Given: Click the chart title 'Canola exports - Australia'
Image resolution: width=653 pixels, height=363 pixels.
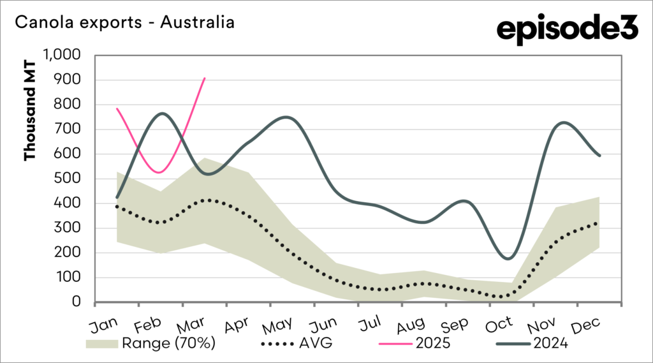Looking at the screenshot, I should (x=124, y=23).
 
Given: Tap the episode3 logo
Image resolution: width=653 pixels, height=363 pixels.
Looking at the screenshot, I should (x=567, y=30).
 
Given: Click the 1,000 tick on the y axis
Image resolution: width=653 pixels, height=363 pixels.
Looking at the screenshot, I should (x=62, y=55).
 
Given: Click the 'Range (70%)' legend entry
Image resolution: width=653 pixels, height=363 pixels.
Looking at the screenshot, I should (x=150, y=343).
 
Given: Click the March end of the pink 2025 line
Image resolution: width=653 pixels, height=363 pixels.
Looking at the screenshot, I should (x=205, y=78).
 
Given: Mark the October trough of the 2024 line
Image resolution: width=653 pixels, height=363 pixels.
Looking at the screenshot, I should (x=508, y=258).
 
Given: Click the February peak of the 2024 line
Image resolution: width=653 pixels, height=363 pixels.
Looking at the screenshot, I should (x=161, y=114).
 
